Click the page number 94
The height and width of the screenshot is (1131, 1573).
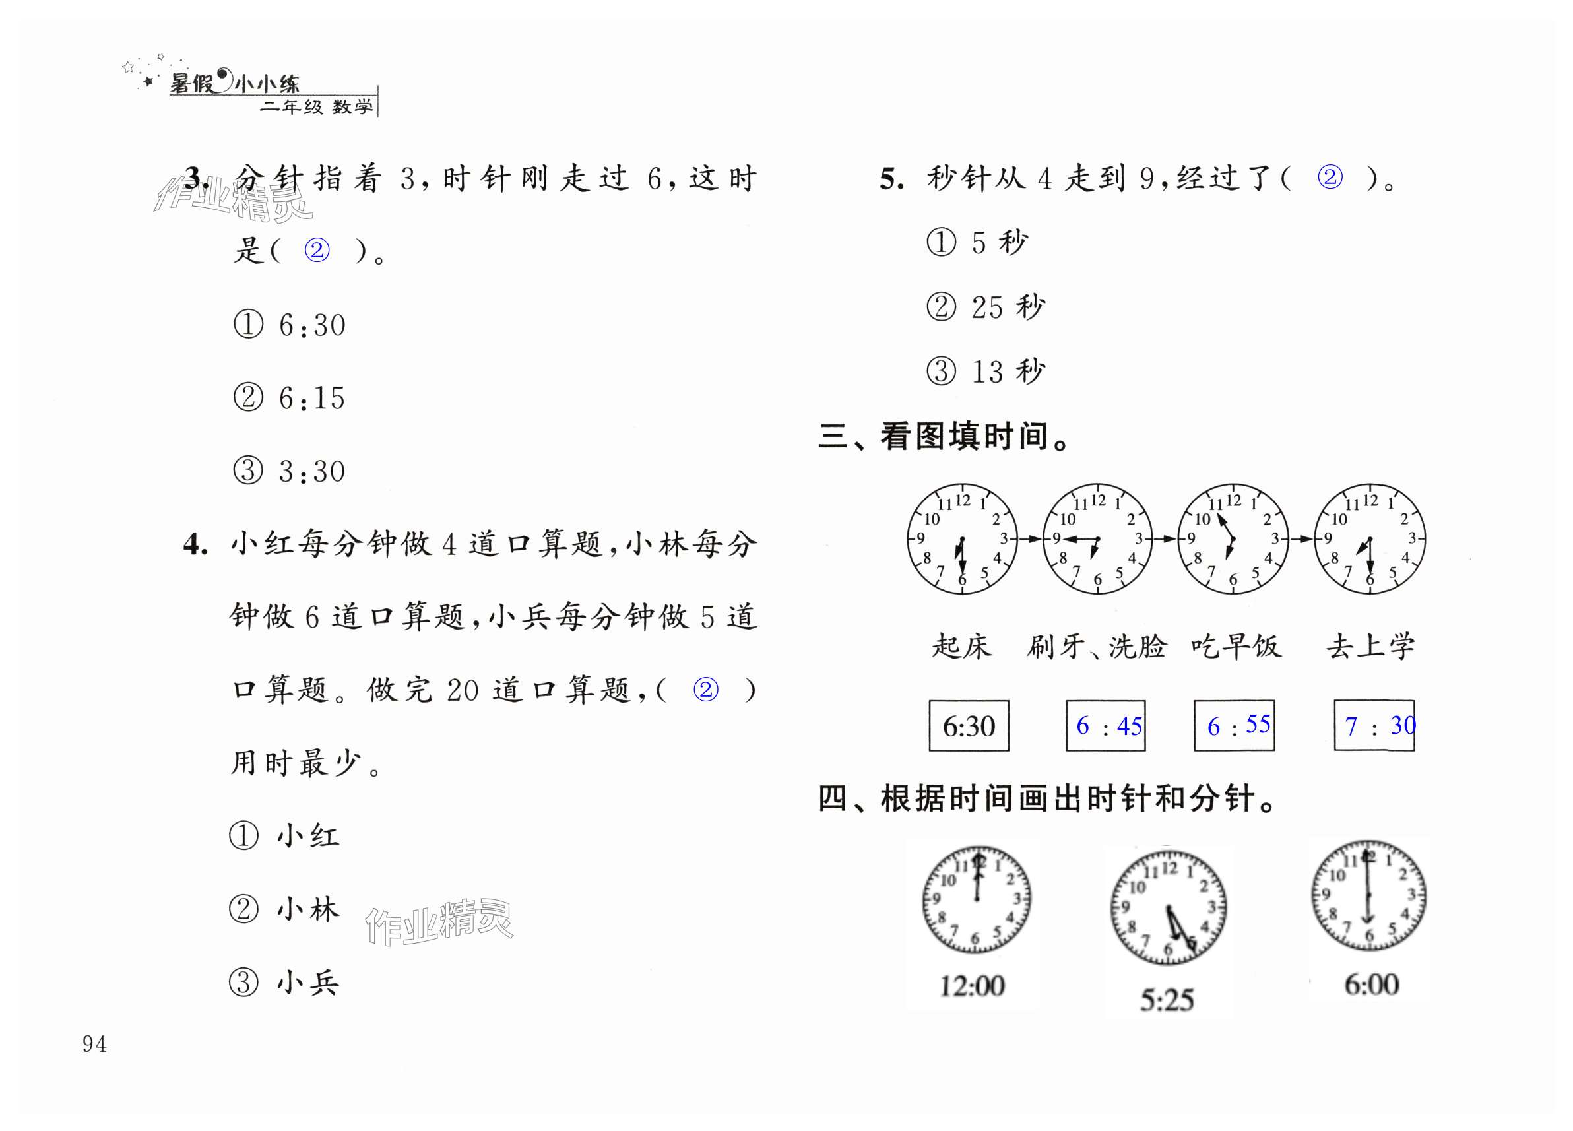(94, 1044)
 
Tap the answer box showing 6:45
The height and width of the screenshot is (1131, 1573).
(1106, 725)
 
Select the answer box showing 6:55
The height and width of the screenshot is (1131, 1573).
(1234, 725)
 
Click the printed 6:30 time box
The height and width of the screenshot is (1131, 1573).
(968, 725)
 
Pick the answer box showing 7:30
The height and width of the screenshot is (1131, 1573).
(1374, 725)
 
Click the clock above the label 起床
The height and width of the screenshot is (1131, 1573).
(962, 539)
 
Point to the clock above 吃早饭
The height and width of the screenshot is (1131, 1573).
(1233, 539)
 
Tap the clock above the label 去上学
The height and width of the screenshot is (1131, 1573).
(1369, 539)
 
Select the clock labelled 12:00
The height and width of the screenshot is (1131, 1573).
(976, 899)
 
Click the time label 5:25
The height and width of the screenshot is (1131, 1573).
(1167, 999)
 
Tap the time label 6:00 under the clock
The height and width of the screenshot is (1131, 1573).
(1371, 984)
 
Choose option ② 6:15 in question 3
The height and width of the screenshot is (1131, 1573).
(290, 398)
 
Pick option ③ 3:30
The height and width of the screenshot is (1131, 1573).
(290, 471)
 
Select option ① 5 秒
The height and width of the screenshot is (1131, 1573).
(977, 243)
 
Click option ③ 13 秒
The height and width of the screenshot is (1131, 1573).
(986, 372)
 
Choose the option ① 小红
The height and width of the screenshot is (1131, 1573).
(284, 835)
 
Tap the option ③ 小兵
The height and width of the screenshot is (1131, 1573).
(284, 983)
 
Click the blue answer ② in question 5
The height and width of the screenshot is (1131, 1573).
(1330, 178)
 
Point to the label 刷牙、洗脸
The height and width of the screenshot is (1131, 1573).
(1097, 646)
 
